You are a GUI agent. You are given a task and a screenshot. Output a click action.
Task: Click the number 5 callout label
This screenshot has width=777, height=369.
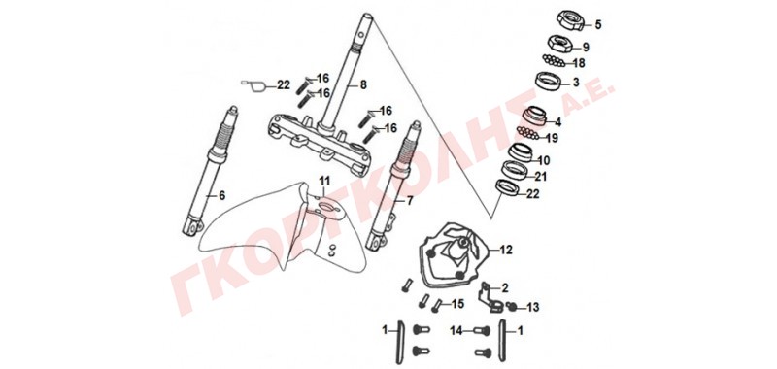[x=597, y=24]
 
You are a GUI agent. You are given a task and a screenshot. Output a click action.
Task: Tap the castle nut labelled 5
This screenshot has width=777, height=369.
[x=570, y=19]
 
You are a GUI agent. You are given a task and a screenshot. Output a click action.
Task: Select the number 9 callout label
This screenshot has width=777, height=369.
[x=586, y=47]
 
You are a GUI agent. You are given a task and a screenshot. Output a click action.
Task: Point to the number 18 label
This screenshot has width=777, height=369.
[x=578, y=63]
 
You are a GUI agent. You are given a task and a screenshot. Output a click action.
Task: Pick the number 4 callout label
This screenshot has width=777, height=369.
[x=557, y=121]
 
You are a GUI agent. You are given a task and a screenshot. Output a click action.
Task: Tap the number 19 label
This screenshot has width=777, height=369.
[x=552, y=138]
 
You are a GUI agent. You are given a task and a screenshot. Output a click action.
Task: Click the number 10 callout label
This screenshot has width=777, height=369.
[x=544, y=160]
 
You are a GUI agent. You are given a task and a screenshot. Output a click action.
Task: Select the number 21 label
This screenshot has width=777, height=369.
[x=540, y=177]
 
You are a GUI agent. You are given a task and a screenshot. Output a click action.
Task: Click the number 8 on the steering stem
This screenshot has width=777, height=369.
[x=363, y=85]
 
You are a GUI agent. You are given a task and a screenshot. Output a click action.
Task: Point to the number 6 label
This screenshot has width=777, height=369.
[x=221, y=195]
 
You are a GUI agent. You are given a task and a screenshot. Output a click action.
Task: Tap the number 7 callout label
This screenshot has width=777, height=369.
[x=409, y=201]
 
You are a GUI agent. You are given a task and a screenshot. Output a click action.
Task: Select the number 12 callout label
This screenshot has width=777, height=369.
[x=506, y=251]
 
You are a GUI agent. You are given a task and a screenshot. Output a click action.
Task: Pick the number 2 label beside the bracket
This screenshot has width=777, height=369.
[x=505, y=287]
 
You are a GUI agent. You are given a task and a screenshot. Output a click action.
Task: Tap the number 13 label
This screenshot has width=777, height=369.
[x=532, y=308]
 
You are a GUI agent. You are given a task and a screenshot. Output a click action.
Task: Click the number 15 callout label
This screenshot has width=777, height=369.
[x=457, y=304]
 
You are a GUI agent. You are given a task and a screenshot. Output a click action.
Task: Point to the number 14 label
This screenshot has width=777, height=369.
[x=456, y=329]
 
